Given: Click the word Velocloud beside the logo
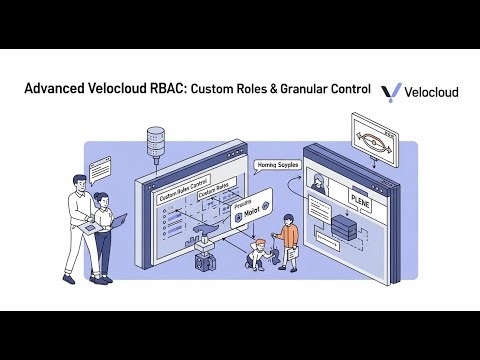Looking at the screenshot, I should (432, 92).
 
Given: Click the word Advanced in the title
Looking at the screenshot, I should (57, 91).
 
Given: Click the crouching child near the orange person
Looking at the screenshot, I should (258, 254).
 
